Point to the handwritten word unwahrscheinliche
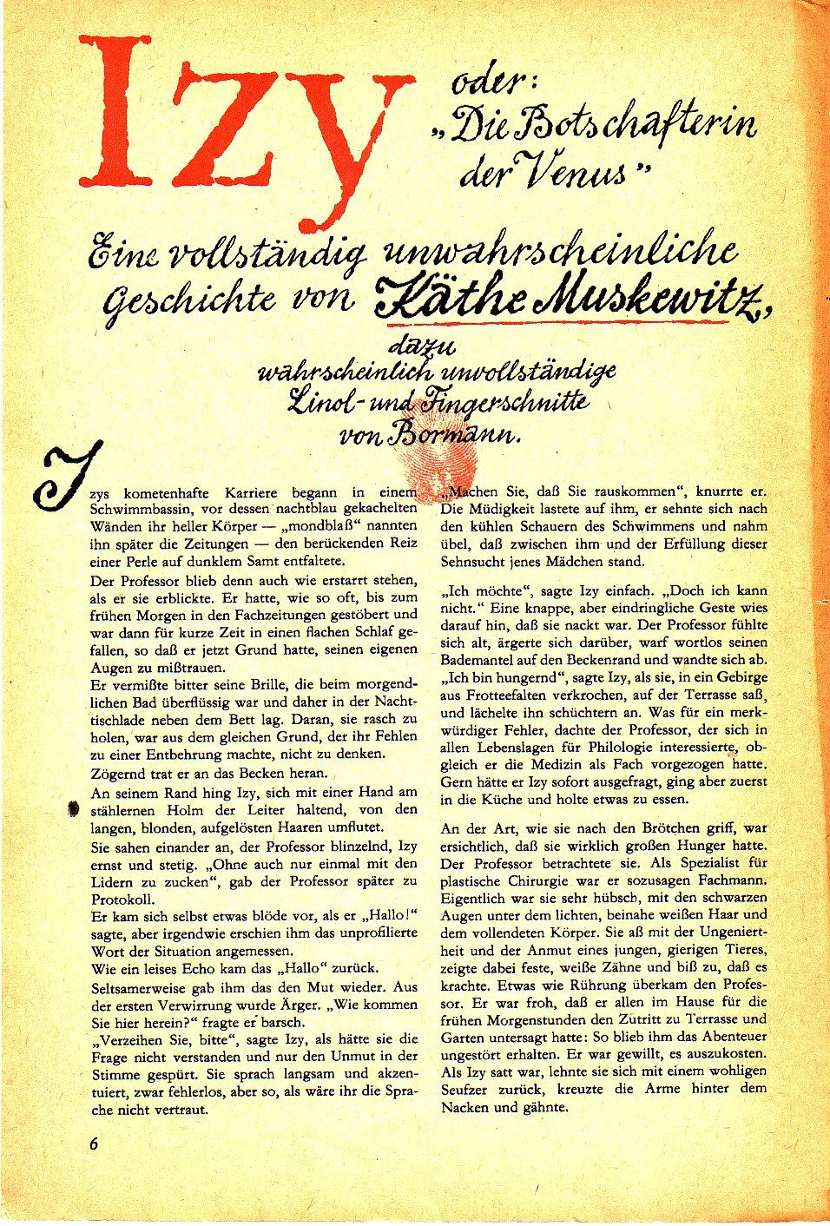(x=561, y=252)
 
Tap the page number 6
(x=93, y=1143)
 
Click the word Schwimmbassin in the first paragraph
(x=133, y=508)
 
